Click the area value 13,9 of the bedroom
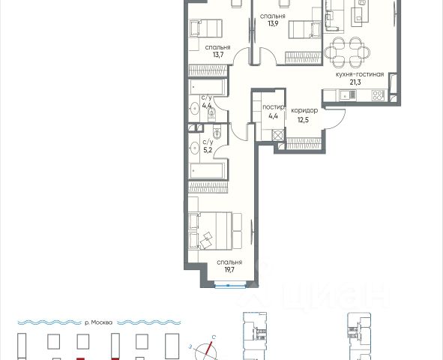click(x=273, y=23)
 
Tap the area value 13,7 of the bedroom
click(x=218, y=55)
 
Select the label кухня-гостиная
click(x=360, y=74)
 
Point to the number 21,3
click(x=355, y=82)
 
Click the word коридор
click(x=304, y=110)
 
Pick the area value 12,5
click(x=303, y=120)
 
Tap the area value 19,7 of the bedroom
click(x=229, y=269)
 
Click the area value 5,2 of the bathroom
click(x=208, y=150)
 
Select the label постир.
click(x=273, y=107)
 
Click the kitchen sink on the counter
click(x=348, y=95)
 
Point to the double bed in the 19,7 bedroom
click(x=210, y=231)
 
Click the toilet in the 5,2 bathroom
click(x=217, y=132)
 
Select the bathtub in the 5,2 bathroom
click(x=208, y=171)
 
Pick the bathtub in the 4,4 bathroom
click(x=208, y=87)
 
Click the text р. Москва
click(x=98, y=322)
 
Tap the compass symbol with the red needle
click(x=205, y=351)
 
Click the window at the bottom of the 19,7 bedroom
click(x=230, y=286)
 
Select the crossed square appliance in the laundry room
click(x=278, y=135)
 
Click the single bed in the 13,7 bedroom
click(x=206, y=28)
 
